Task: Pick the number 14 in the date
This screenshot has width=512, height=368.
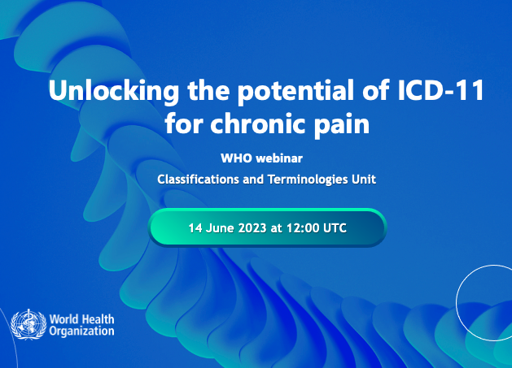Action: pos(195,228)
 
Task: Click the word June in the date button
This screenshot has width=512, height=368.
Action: pos(220,228)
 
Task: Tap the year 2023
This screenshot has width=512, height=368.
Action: pos(253,228)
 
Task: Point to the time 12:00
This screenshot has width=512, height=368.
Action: pos(301,228)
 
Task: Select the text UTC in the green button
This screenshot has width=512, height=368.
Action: pos(335,228)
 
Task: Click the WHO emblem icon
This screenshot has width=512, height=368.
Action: pos(28,324)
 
